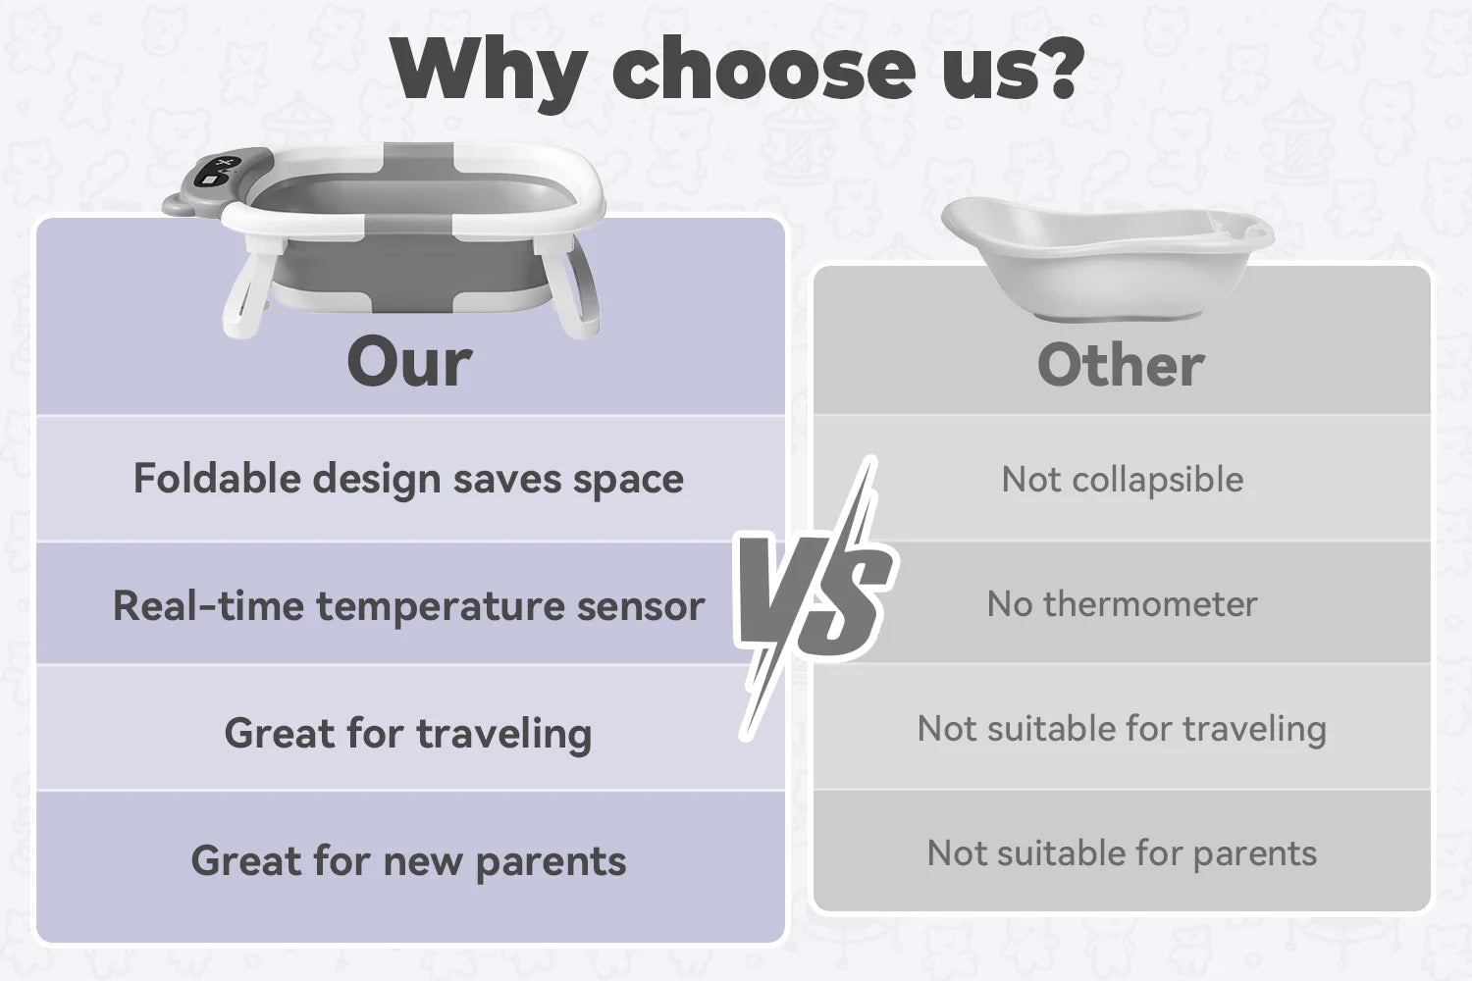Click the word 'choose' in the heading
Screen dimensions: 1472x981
coord(763,69)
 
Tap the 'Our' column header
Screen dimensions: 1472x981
coord(409,362)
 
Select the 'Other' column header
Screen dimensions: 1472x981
coord(1121,365)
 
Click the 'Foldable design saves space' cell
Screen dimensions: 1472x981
coord(409,479)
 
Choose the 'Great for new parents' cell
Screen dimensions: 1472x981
coord(409,860)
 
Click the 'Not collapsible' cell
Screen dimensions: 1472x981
coord(1123,480)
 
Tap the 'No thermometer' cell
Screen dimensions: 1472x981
coord(1123,604)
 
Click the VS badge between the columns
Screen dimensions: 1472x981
coord(815,598)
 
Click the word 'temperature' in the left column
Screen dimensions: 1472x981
coord(440,607)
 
